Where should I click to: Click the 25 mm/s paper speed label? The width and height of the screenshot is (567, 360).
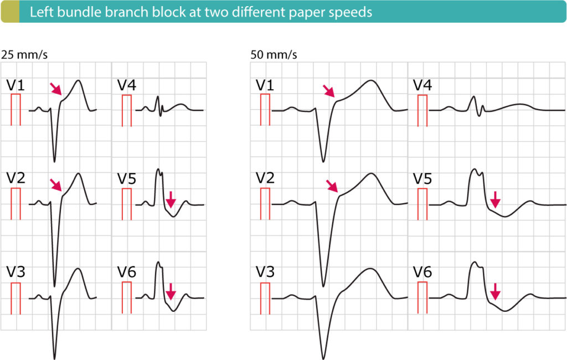(x=19, y=55)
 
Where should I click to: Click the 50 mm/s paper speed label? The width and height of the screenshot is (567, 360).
(x=274, y=55)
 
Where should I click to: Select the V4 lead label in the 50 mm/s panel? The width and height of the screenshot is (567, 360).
(x=423, y=85)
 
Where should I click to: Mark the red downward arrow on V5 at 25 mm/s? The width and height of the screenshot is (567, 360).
(x=171, y=199)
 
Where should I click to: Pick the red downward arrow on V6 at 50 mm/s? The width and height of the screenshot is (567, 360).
(x=495, y=290)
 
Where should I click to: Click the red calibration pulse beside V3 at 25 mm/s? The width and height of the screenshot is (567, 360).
(x=16, y=291)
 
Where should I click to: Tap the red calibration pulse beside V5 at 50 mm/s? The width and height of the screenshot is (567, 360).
(x=422, y=197)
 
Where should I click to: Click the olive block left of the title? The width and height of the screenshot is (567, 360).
(x=9, y=12)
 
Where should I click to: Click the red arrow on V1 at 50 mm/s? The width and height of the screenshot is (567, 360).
(x=329, y=91)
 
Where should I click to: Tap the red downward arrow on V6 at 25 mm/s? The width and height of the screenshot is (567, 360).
(x=171, y=290)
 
